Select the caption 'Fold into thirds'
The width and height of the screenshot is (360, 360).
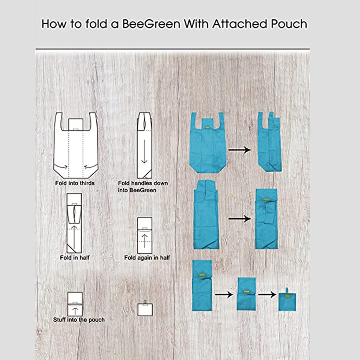click(x=75, y=183)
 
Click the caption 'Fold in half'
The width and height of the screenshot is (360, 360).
click(x=75, y=258)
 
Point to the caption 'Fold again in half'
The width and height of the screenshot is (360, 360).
click(x=147, y=258)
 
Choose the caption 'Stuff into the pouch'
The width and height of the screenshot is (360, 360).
click(x=79, y=320)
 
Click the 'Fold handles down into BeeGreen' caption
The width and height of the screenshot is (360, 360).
click(x=143, y=187)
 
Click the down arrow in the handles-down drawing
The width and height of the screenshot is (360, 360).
click(x=144, y=151)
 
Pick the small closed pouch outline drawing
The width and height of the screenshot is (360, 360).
click(x=145, y=309)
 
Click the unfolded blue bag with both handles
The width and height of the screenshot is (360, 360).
click(x=208, y=144)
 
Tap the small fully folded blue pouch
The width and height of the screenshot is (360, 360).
click(x=287, y=302)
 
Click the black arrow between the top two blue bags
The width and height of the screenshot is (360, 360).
click(x=239, y=150)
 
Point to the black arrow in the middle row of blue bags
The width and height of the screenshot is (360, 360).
click(x=239, y=219)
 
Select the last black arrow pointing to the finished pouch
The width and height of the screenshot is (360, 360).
click(x=267, y=295)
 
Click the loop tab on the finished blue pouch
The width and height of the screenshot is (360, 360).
click(x=287, y=290)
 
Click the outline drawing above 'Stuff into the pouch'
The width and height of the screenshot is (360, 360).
click(x=75, y=303)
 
